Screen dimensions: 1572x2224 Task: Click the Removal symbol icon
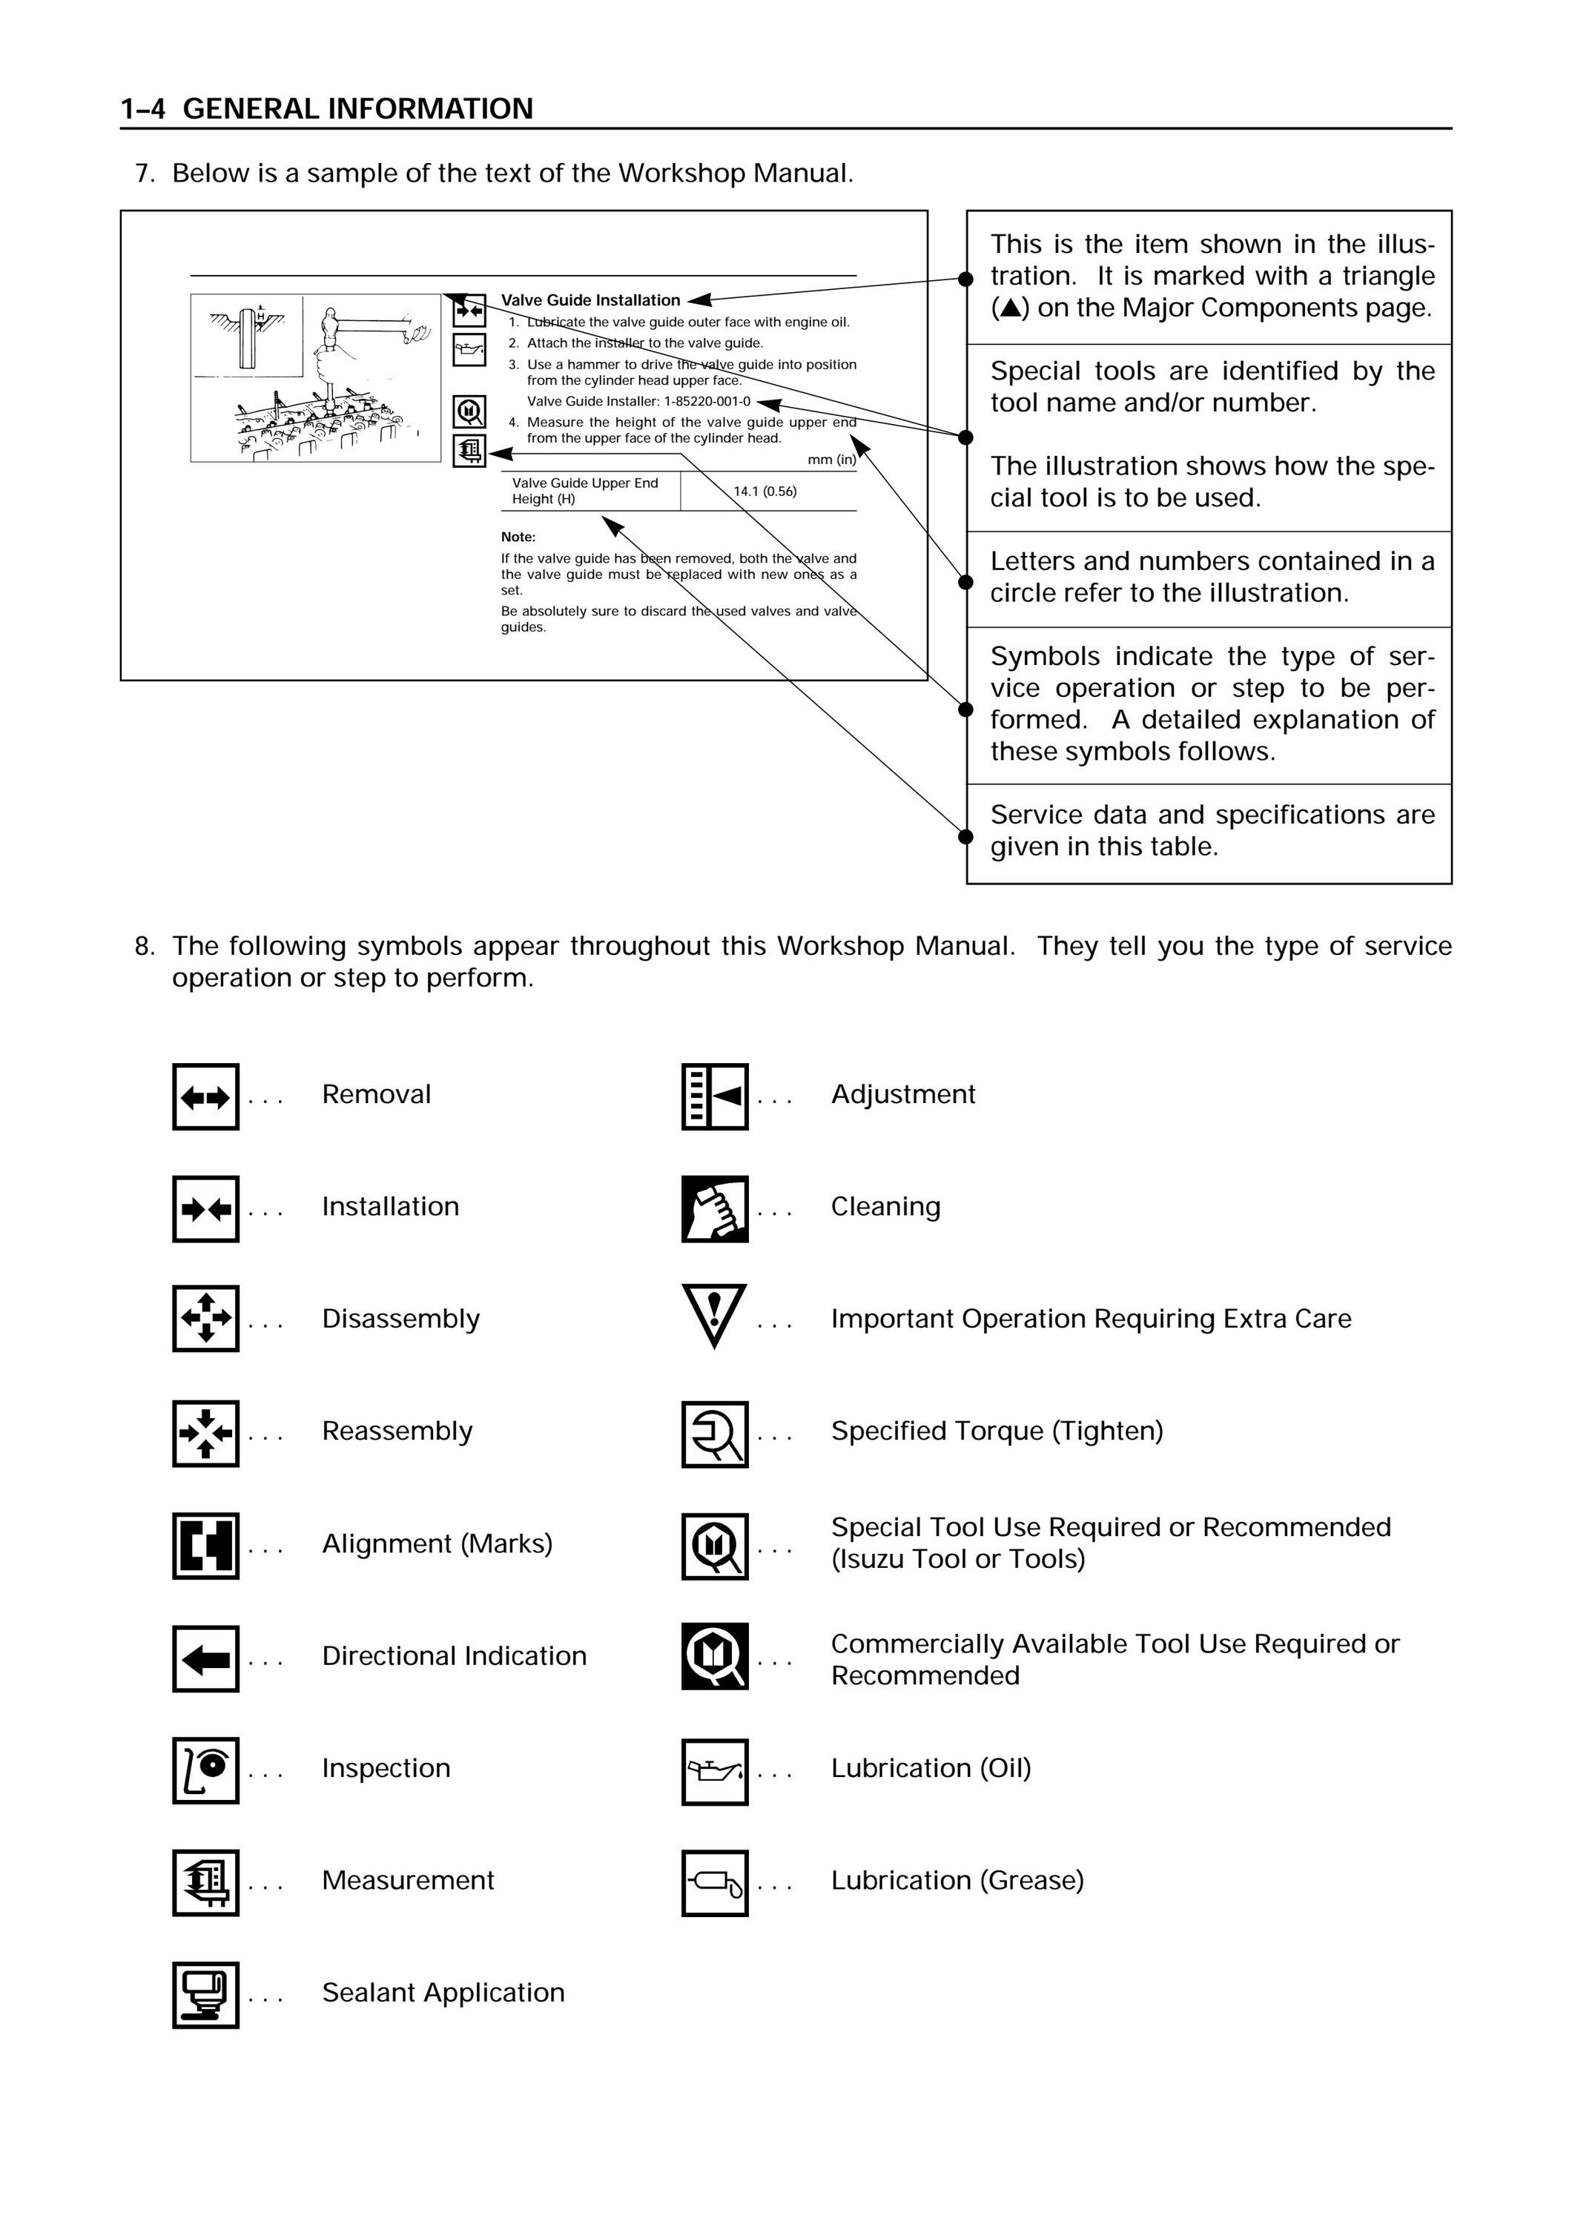pos(205,1096)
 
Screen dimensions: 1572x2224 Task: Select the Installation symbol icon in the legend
pos(205,1209)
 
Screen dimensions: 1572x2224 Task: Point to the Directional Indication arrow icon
pos(205,1658)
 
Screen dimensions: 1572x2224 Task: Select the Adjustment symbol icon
pos(715,1096)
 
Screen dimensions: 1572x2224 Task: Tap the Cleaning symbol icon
pos(715,1209)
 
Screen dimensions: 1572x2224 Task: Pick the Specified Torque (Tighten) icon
pos(715,1434)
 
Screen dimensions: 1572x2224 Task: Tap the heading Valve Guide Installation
pos(591,300)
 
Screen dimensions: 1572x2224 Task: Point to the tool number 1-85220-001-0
pos(707,401)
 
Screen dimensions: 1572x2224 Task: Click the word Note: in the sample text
pos(518,537)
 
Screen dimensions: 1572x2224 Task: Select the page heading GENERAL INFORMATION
pos(358,108)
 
